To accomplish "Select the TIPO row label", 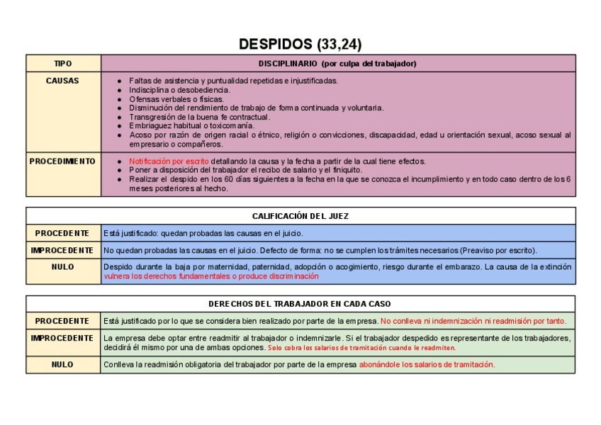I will (63, 63).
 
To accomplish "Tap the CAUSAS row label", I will (63, 81).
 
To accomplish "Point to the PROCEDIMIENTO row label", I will (63, 161).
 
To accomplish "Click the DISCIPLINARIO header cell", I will (337, 63).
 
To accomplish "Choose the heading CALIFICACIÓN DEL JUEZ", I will (300, 216).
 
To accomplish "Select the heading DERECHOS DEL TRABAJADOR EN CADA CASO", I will (300, 304).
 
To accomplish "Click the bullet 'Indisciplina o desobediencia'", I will (179, 90).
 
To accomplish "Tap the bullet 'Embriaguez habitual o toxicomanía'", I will (191, 125).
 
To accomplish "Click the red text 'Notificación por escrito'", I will (169, 161).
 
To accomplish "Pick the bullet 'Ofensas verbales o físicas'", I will (176, 99).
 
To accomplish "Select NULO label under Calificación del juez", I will (63, 267).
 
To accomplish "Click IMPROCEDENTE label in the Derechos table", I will (63, 338).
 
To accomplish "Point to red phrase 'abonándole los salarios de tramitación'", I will (427, 365).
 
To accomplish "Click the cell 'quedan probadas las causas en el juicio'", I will (204, 233).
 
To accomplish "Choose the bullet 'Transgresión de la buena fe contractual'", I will (199, 117).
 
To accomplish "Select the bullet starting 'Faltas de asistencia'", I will (233, 81).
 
